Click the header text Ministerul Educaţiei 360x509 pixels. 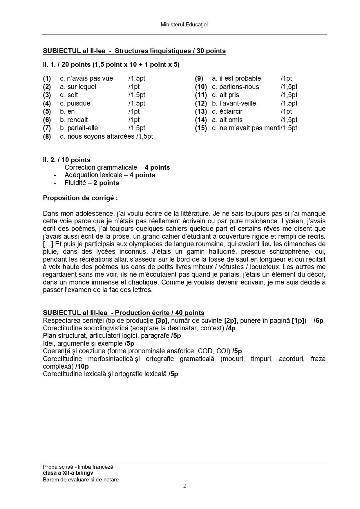(x=184, y=25)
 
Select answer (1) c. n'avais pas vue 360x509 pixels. (x=86, y=78)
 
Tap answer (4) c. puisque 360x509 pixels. (x=75, y=103)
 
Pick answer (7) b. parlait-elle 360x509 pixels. (x=79, y=128)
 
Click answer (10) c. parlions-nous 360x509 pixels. (x=235, y=87)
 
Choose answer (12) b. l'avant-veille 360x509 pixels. (x=234, y=103)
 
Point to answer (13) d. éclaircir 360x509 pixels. (x=227, y=111)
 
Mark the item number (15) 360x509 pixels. (x=201, y=128)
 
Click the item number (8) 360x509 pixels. (x=47, y=136)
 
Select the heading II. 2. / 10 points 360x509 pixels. (x=67, y=160)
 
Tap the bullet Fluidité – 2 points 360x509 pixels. (x=92, y=183)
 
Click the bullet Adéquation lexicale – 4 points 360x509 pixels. (x=110, y=175)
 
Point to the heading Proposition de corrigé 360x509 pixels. (x=80, y=198)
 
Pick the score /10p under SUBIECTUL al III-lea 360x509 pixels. (x=82, y=366)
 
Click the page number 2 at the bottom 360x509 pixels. (x=184, y=486)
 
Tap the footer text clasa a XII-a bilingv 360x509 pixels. (x=68, y=473)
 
